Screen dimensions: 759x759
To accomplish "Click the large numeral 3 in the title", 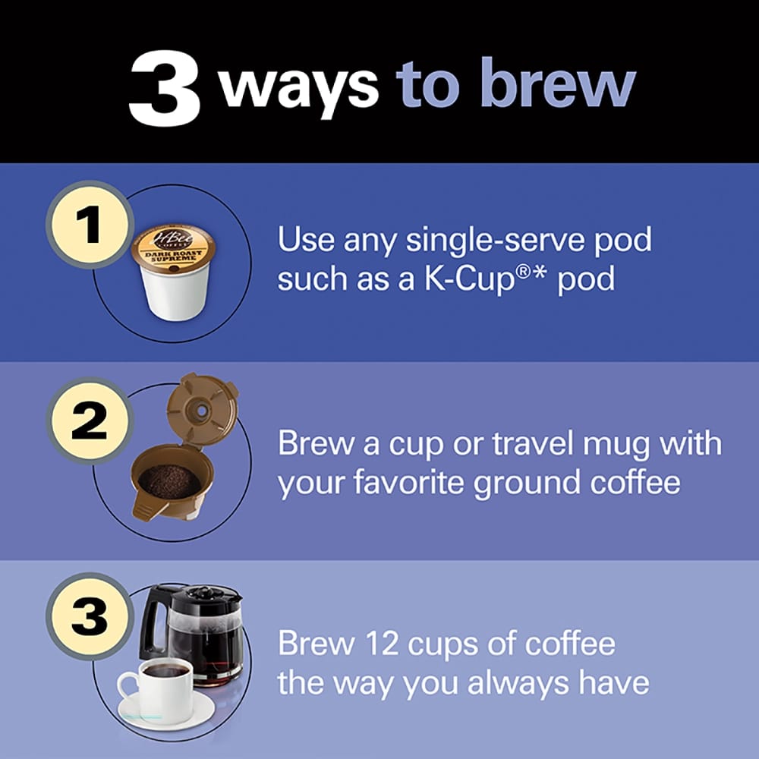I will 164,90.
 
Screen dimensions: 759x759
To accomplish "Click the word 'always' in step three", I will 516,683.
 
